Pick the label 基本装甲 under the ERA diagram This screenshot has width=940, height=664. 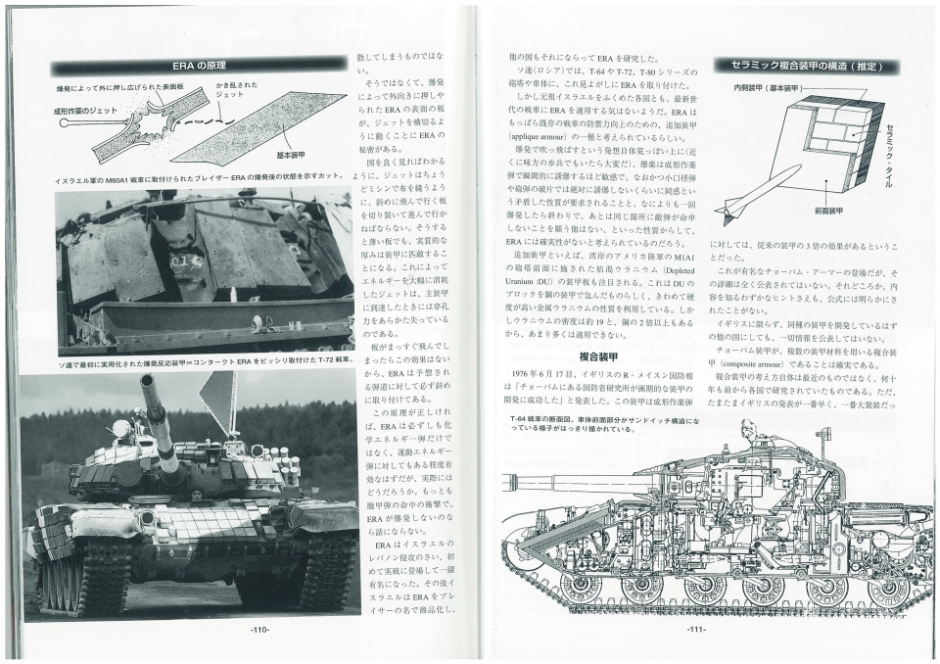pyautogui.click(x=293, y=155)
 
